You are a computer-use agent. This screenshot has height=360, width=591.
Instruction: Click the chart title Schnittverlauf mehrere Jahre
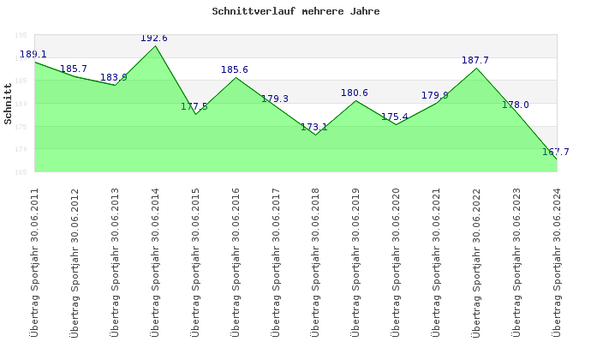(x=295, y=12)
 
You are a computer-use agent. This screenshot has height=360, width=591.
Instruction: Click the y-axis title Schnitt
(x=9, y=110)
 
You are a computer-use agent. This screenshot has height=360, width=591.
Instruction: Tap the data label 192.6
(x=154, y=38)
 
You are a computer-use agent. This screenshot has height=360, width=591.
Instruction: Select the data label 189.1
(x=33, y=54)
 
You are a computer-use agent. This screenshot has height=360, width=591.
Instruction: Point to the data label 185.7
(x=74, y=69)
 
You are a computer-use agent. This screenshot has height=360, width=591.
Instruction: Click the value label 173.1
(x=314, y=127)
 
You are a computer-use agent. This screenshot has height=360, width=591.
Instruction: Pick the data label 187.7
(x=475, y=60)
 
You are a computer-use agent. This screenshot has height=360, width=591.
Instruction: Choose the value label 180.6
(x=355, y=93)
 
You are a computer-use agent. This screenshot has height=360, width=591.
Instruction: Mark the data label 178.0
(x=516, y=105)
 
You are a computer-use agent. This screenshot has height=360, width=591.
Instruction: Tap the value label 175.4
(x=395, y=117)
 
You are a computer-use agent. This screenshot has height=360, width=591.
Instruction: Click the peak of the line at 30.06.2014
(x=156, y=45)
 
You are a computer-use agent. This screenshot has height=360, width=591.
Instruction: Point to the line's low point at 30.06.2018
(x=316, y=135)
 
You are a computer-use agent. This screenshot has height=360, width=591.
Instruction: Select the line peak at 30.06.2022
(x=476, y=68)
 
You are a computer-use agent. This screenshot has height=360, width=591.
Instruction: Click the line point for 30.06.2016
(x=236, y=77)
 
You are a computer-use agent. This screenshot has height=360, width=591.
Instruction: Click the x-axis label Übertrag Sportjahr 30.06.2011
(x=35, y=261)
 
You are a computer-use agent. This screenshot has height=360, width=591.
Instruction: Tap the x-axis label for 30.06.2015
(x=195, y=261)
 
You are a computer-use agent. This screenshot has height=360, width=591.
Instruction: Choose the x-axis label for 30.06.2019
(x=355, y=261)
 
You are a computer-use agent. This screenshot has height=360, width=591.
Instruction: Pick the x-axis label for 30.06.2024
(x=556, y=261)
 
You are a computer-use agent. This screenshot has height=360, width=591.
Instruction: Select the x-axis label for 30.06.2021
(x=436, y=261)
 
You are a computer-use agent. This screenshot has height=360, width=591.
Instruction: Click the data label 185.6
(x=235, y=69)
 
